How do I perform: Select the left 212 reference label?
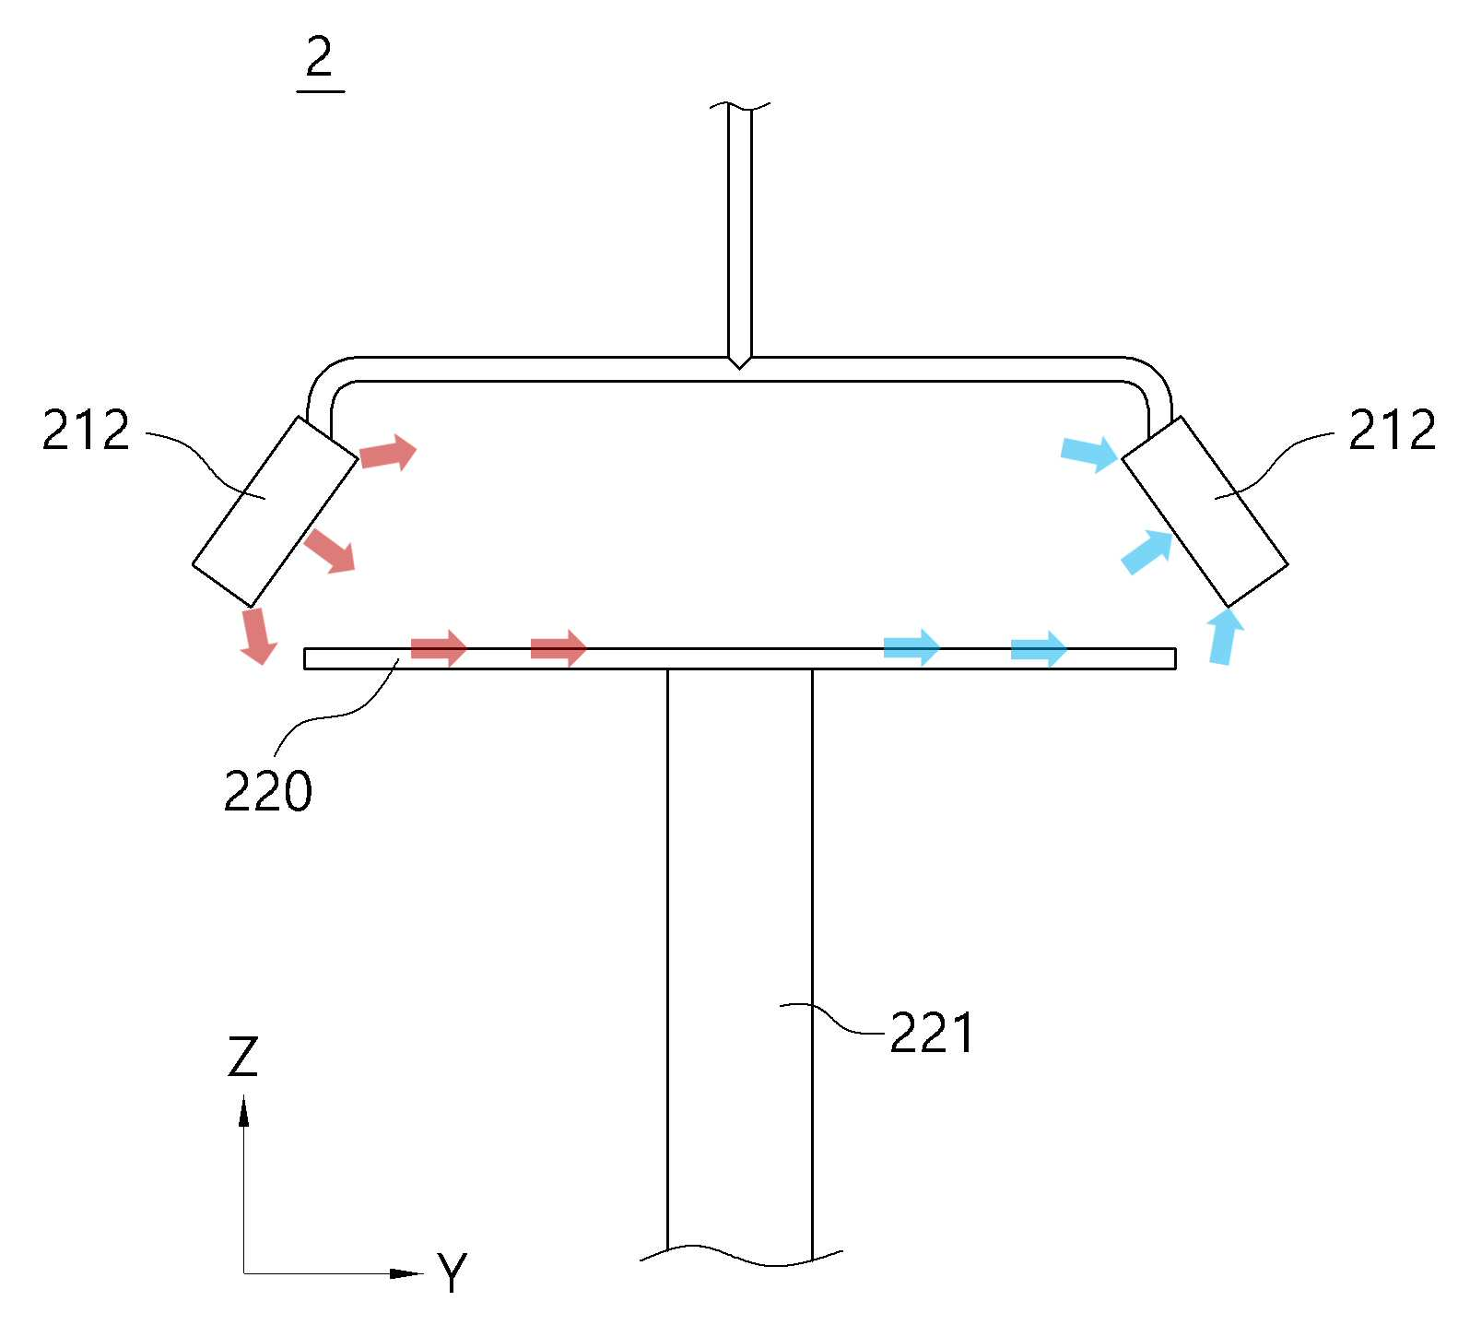click(x=87, y=431)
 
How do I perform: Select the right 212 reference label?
click(x=1392, y=430)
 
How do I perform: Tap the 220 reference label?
click(x=267, y=790)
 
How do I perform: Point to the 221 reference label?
click(x=931, y=1033)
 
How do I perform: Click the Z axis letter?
click(x=242, y=1057)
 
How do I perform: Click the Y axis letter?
click(x=452, y=1273)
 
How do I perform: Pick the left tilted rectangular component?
click(x=275, y=511)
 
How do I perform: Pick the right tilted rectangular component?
click(x=1204, y=511)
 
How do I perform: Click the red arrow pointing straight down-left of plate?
click(x=256, y=635)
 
